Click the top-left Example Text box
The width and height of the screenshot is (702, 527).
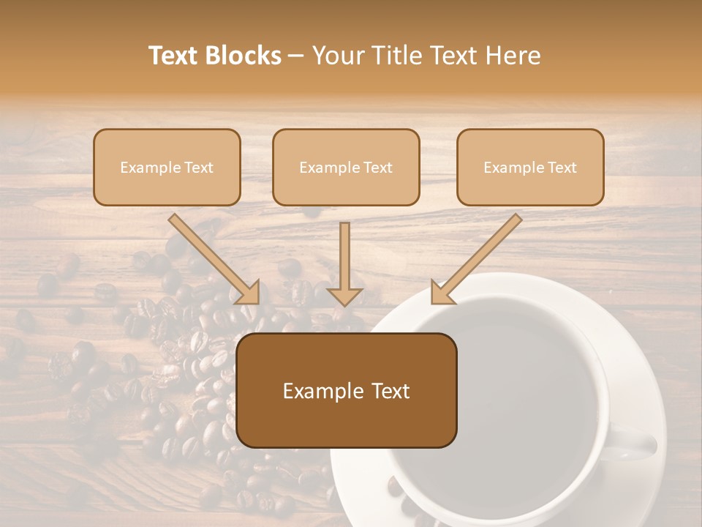click(167, 168)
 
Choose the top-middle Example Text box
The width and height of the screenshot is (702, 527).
click(346, 168)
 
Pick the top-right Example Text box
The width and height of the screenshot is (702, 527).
click(530, 168)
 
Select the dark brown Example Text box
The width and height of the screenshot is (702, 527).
click(346, 391)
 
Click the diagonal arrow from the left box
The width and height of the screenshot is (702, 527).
click(212, 256)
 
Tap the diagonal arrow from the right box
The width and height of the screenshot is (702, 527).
click(479, 256)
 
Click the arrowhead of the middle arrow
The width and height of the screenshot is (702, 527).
click(344, 295)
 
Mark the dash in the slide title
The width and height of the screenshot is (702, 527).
click(297, 56)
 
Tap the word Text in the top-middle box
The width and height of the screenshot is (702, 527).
click(377, 168)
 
